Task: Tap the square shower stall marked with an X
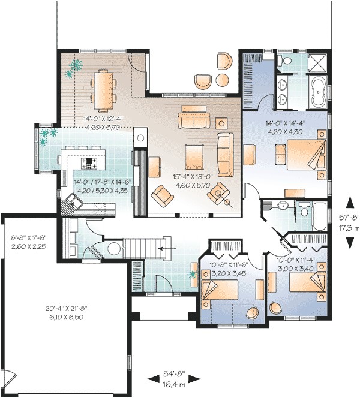pos(317,62)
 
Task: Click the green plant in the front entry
pos(193,275)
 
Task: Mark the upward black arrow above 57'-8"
pos(349,201)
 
